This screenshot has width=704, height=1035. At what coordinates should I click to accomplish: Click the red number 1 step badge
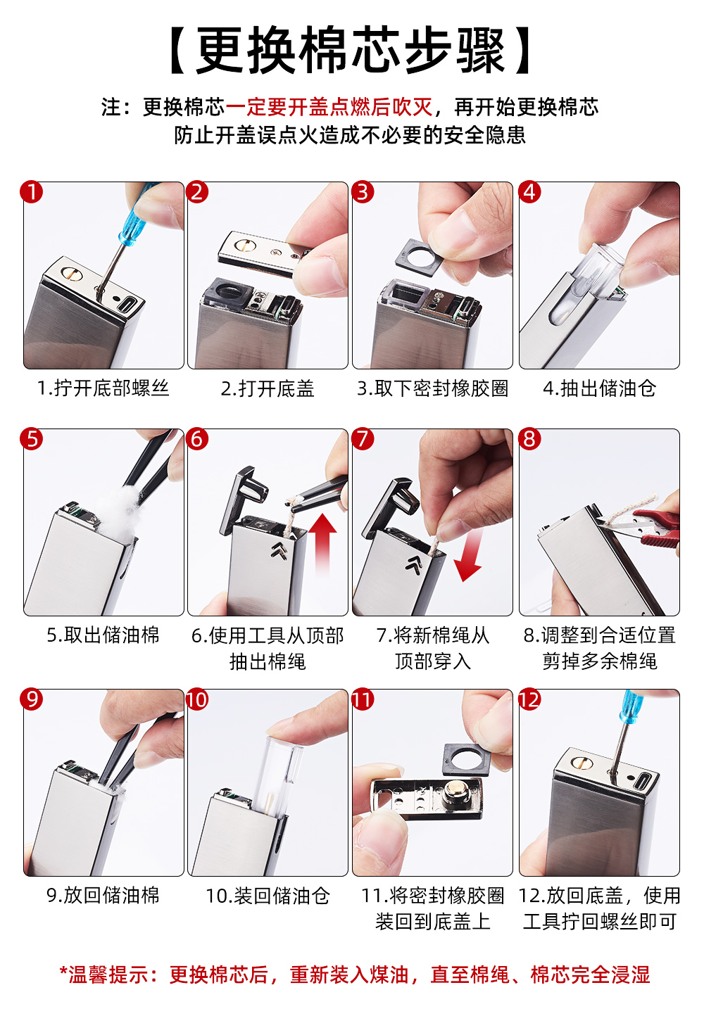tap(32, 192)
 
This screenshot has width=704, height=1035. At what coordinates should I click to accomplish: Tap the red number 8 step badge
tap(529, 438)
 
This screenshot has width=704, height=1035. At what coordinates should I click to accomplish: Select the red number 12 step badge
tap(529, 699)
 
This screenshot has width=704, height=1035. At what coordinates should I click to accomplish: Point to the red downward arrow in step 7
tap(469, 554)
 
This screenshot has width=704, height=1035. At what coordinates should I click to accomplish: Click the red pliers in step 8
tap(656, 527)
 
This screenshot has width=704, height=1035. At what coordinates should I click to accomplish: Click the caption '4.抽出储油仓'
tap(600, 388)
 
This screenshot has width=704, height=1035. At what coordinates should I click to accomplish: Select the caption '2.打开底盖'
tap(268, 388)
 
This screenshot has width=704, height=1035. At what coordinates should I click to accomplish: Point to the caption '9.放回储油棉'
tap(103, 896)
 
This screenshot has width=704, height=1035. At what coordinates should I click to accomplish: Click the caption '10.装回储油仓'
tap(268, 896)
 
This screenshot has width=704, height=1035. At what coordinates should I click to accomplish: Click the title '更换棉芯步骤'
tap(351, 50)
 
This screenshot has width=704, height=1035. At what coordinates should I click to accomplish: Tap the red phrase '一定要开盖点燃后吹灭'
tap(329, 107)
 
